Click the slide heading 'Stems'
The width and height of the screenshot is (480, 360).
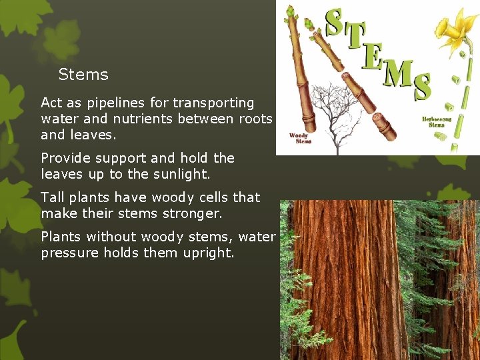coord(83,75)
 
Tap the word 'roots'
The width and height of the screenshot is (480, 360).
coord(257,119)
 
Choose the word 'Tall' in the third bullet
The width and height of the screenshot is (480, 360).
coord(52,197)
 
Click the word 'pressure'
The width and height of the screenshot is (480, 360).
coord(69,253)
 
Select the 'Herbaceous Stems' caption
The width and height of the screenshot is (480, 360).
coord(437,122)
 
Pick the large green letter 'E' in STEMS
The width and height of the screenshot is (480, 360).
coord(373,59)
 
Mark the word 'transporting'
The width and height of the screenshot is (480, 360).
coord(213,103)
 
